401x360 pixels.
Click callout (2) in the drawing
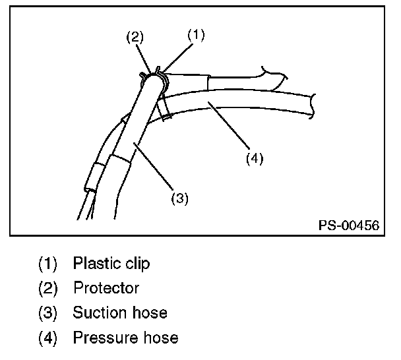pos(135,38)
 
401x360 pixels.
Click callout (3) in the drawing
pos(180,197)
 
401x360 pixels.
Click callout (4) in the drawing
pos(255,159)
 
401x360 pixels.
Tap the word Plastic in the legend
pos(94,264)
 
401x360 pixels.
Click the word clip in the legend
pos(137,264)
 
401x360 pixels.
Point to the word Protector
pos(106,288)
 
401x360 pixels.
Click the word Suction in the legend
pos(98,313)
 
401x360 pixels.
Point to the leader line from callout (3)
pos(156,165)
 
